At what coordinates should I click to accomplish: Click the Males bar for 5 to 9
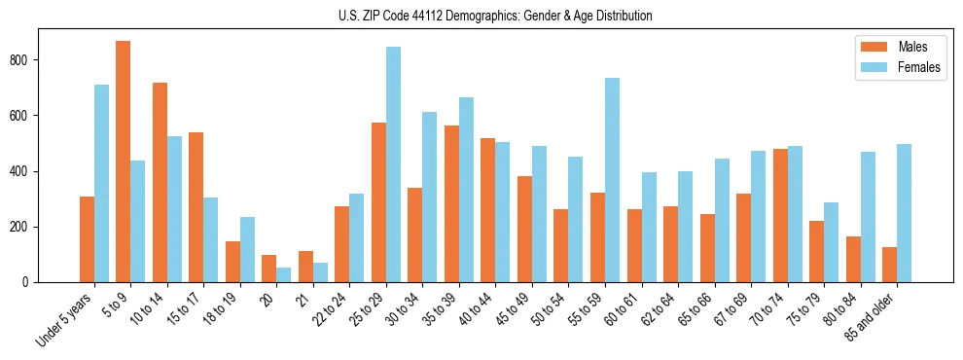(124, 162)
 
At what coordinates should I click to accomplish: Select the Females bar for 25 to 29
(393, 164)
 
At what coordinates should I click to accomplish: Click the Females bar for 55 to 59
(612, 180)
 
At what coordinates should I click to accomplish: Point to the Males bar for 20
(269, 269)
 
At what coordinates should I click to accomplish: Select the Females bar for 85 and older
(904, 213)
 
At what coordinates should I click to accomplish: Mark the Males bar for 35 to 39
(451, 203)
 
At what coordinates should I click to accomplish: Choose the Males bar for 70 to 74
(780, 215)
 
